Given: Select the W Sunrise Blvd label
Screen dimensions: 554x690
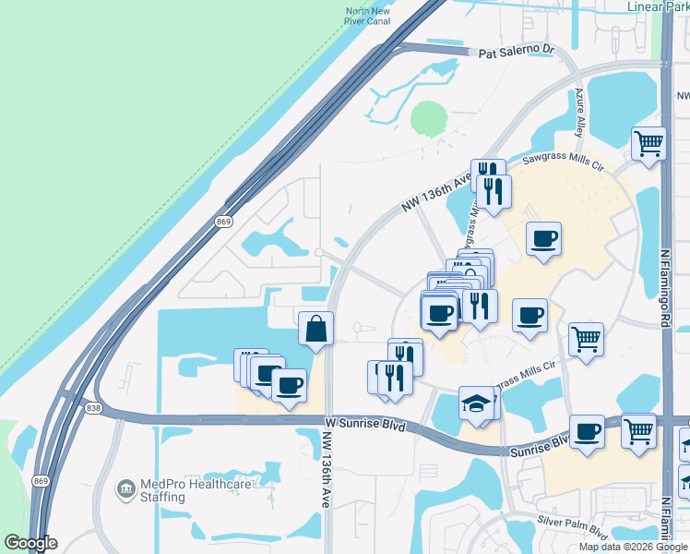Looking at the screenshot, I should click(x=365, y=427).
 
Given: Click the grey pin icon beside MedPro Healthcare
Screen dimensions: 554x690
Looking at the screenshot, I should click(x=125, y=487).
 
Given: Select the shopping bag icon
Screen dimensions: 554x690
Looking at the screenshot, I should click(x=315, y=329).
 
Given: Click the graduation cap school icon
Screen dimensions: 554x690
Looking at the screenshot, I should click(x=475, y=403).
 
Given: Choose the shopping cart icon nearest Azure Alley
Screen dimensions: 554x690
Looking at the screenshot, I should click(x=648, y=144).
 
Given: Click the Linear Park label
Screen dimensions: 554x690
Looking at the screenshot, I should click(x=656, y=7).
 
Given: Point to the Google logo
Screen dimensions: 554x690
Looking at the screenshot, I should click(x=30, y=543).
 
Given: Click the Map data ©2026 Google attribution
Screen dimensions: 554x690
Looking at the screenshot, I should click(x=633, y=547).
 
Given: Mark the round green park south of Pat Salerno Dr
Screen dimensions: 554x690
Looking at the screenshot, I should click(x=428, y=118).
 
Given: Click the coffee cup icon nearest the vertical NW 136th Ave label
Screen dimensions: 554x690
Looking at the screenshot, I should click(x=289, y=384).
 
